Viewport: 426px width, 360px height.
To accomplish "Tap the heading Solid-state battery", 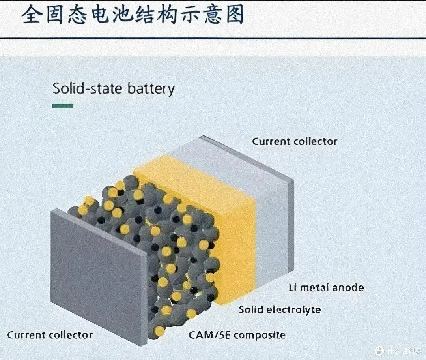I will coord(114,88).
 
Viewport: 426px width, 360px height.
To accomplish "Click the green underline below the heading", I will coord(63,106).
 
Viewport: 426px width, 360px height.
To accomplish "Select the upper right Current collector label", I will coord(295,141).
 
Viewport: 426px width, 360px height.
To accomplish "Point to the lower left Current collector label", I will coord(50,335).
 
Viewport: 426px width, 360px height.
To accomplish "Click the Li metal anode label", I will coord(326,287).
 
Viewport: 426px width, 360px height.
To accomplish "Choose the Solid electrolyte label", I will coord(280,309).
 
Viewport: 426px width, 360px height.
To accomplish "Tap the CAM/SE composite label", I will coord(237,335).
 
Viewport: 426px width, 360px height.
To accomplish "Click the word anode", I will coord(348,287).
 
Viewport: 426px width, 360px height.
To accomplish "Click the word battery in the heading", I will coord(151,88).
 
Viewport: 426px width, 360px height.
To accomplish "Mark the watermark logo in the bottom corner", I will coord(379,351).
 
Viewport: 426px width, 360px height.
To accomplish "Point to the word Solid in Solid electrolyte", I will coord(250,309).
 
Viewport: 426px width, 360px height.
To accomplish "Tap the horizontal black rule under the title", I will coord(213,38).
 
